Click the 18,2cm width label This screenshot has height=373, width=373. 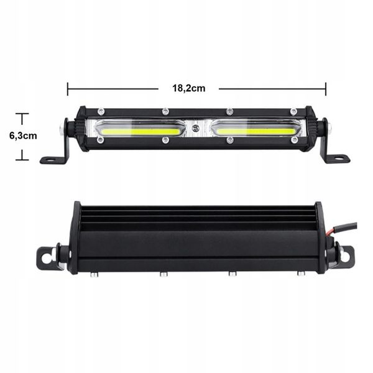pos(188,88)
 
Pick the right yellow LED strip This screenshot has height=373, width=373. pos(255,131)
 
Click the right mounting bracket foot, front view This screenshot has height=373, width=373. pos(336,159)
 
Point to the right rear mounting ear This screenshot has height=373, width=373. pos(346,255)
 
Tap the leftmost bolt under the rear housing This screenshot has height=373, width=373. pos(93,273)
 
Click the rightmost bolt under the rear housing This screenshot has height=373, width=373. pos(300,273)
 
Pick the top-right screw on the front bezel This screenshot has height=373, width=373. pos(293,112)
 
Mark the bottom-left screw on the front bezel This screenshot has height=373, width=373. pos(101,140)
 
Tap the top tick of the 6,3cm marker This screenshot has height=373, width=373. pos(23,114)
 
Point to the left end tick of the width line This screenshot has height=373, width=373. pos(67,88)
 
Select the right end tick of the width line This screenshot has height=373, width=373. pos(325,88)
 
